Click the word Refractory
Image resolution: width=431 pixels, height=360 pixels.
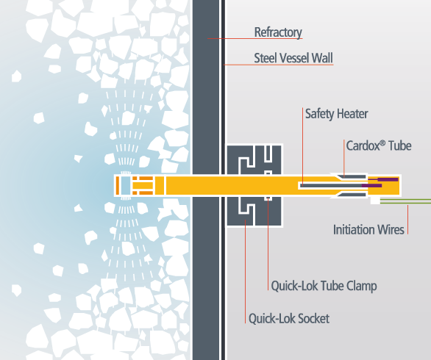[x=278, y=32]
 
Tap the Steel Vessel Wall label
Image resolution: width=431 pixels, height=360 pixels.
[x=293, y=58]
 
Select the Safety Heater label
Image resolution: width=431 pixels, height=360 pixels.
[x=336, y=114]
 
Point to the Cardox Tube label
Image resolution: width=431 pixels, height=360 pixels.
[x=379, y=145]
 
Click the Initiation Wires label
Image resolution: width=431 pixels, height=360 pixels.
[x=368, y=229]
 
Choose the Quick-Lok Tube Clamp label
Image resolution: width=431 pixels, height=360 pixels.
[x=324, y=286]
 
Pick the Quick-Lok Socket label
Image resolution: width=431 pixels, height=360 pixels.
[x=289, y=319]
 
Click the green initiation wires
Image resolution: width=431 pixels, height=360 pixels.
[x=405, y=201]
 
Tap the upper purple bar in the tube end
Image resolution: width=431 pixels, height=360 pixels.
[x=388, y=179]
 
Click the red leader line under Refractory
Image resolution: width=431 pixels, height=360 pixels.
[x=254, y=38]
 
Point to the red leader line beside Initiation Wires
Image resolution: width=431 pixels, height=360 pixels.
[x=408, y=220]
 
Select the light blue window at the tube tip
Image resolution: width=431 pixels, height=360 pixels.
[x=125, y=185]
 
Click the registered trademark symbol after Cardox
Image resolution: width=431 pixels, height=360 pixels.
[x=382, y=143]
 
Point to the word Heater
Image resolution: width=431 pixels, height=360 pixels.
[x=352, y=114]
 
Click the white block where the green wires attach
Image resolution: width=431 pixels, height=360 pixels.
[x=375, y=200]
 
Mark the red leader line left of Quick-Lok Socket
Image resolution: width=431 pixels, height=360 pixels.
[x=245, y=271]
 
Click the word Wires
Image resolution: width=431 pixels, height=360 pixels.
[x=391, y=229]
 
